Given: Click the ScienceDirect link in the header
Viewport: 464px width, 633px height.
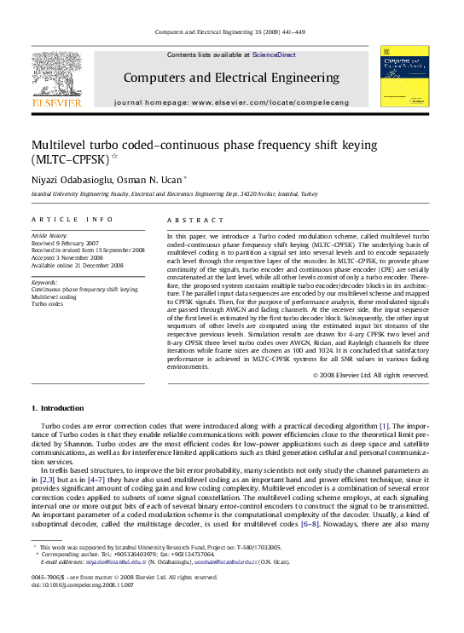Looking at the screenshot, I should pyautogui.click(x=274, y=55).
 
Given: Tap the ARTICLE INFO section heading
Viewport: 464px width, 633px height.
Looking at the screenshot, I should pyautogui.click(x=72, y=219).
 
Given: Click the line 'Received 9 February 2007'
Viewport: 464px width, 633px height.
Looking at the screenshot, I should pyautogui.click(x=68, y=243).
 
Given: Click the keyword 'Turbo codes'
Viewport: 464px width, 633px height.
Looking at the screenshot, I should pyautogui.click(x=48, y=303).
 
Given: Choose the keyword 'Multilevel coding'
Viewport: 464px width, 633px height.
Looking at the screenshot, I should pyautogui.click(x=55, y=296).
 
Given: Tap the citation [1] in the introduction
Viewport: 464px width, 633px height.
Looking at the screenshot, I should pyautogui.click(x=385, y=425).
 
